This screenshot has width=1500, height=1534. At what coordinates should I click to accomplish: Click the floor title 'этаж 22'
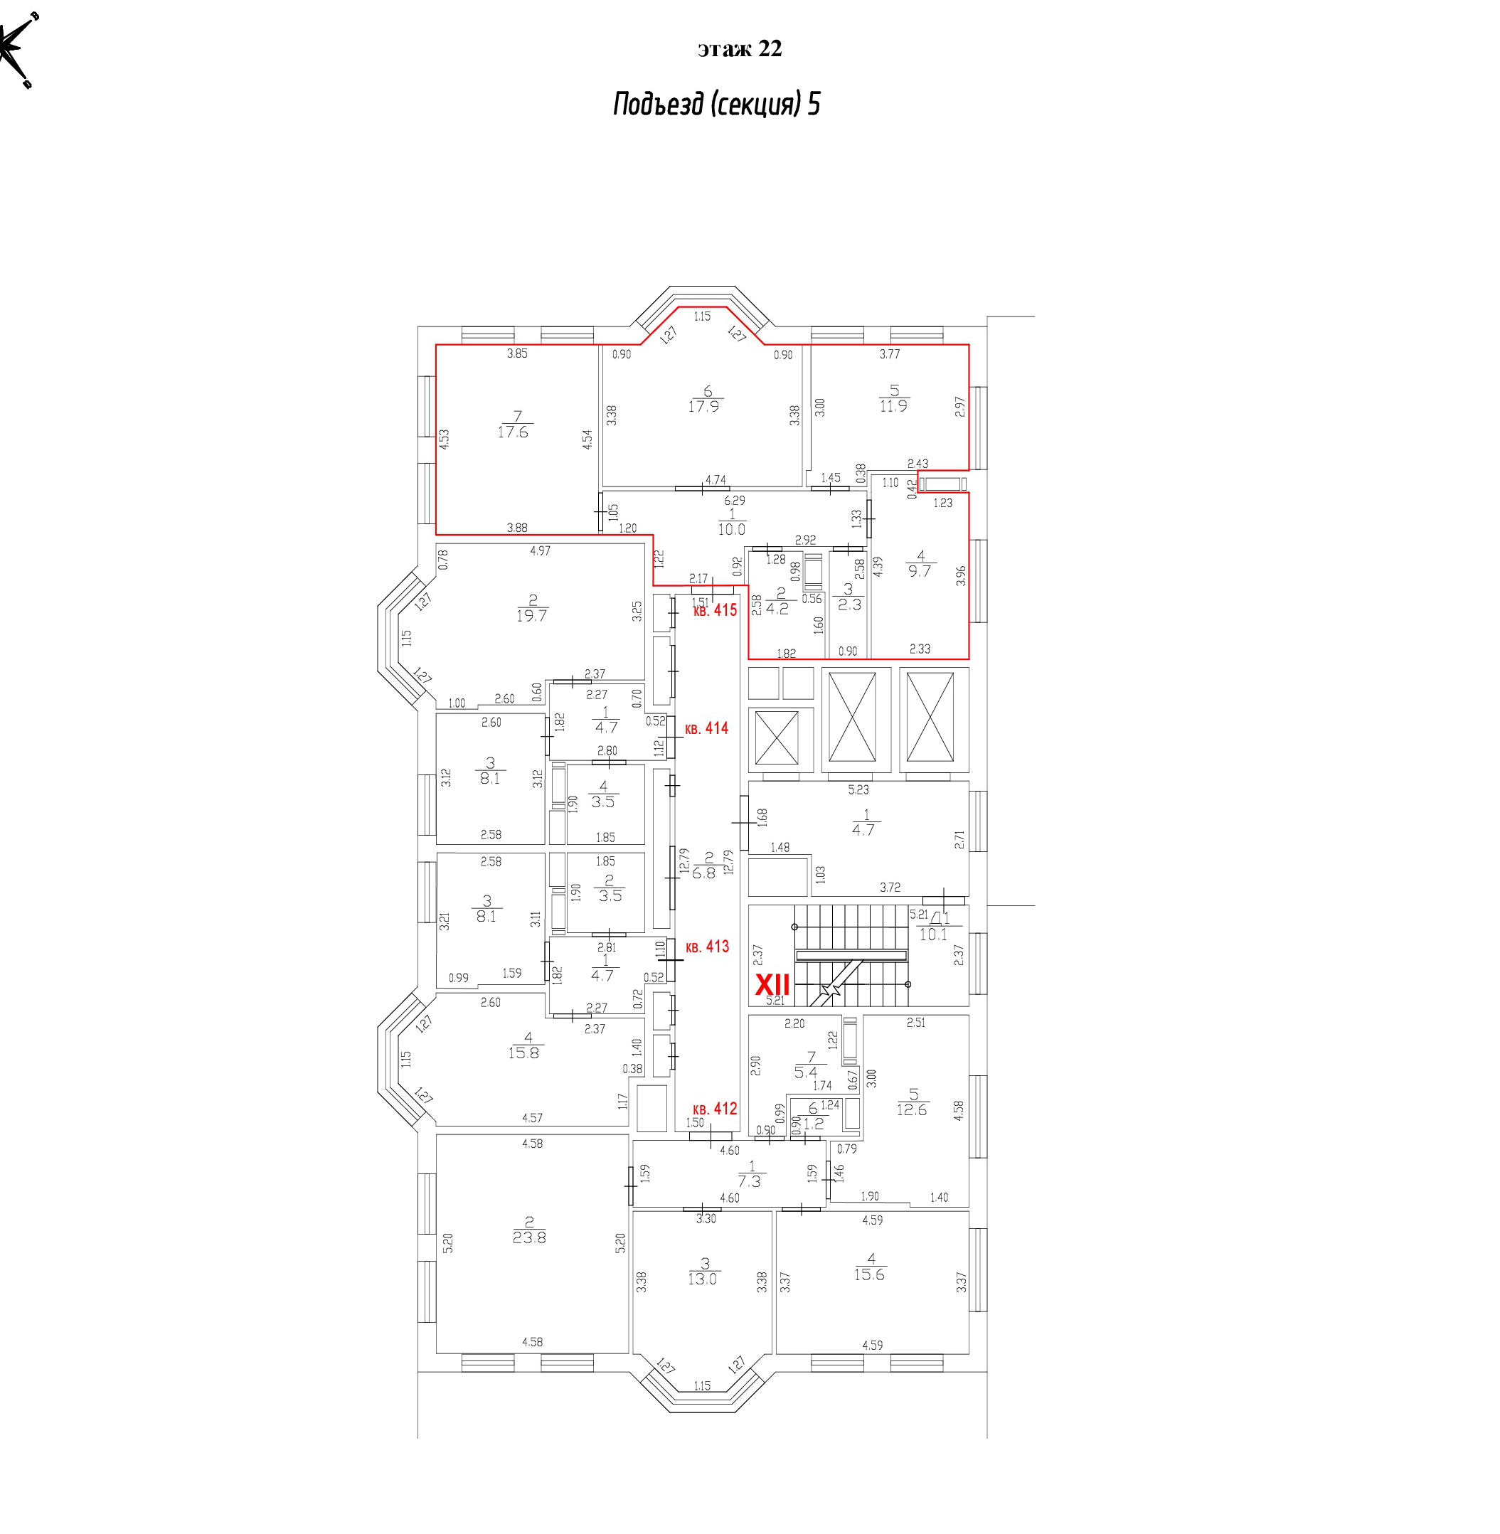click(x=739, y=49)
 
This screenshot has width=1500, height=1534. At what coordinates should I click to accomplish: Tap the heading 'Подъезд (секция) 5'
click(x=716, y=104)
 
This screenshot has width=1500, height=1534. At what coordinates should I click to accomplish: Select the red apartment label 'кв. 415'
click(x=715, y=609)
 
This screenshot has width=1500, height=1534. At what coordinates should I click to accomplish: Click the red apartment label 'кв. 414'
click(x=707, y=728)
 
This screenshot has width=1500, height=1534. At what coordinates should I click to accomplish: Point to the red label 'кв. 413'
click(x=707, y=947)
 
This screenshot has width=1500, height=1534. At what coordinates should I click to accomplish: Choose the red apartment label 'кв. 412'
click(x=715, y=1109)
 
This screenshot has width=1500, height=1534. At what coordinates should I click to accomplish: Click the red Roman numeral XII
click(x=772, y=985)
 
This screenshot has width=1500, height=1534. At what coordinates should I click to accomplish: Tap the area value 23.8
click(x=528, y=1237)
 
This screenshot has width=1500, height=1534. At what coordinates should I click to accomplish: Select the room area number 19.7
click(x=532, y=616)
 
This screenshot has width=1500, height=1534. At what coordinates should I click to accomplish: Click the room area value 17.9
click(x=703, y=407)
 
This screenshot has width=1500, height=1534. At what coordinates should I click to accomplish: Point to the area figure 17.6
click(x=513, y=432)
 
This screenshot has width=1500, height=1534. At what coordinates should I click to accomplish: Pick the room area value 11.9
click(x=893, y=406)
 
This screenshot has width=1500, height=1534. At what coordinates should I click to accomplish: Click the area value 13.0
click(x=702, y=1279)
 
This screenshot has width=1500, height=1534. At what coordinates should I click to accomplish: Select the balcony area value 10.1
click(x=934, y=934)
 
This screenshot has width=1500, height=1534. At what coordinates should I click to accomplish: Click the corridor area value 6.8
click(x=703, y=873)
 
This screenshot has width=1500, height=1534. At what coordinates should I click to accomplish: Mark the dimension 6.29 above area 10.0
click(x=734, y=500)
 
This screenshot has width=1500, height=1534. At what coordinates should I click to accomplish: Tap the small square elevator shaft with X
click(x=777, y=737)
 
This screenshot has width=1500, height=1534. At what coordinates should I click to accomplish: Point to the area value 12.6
click(x=912, y=1109)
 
